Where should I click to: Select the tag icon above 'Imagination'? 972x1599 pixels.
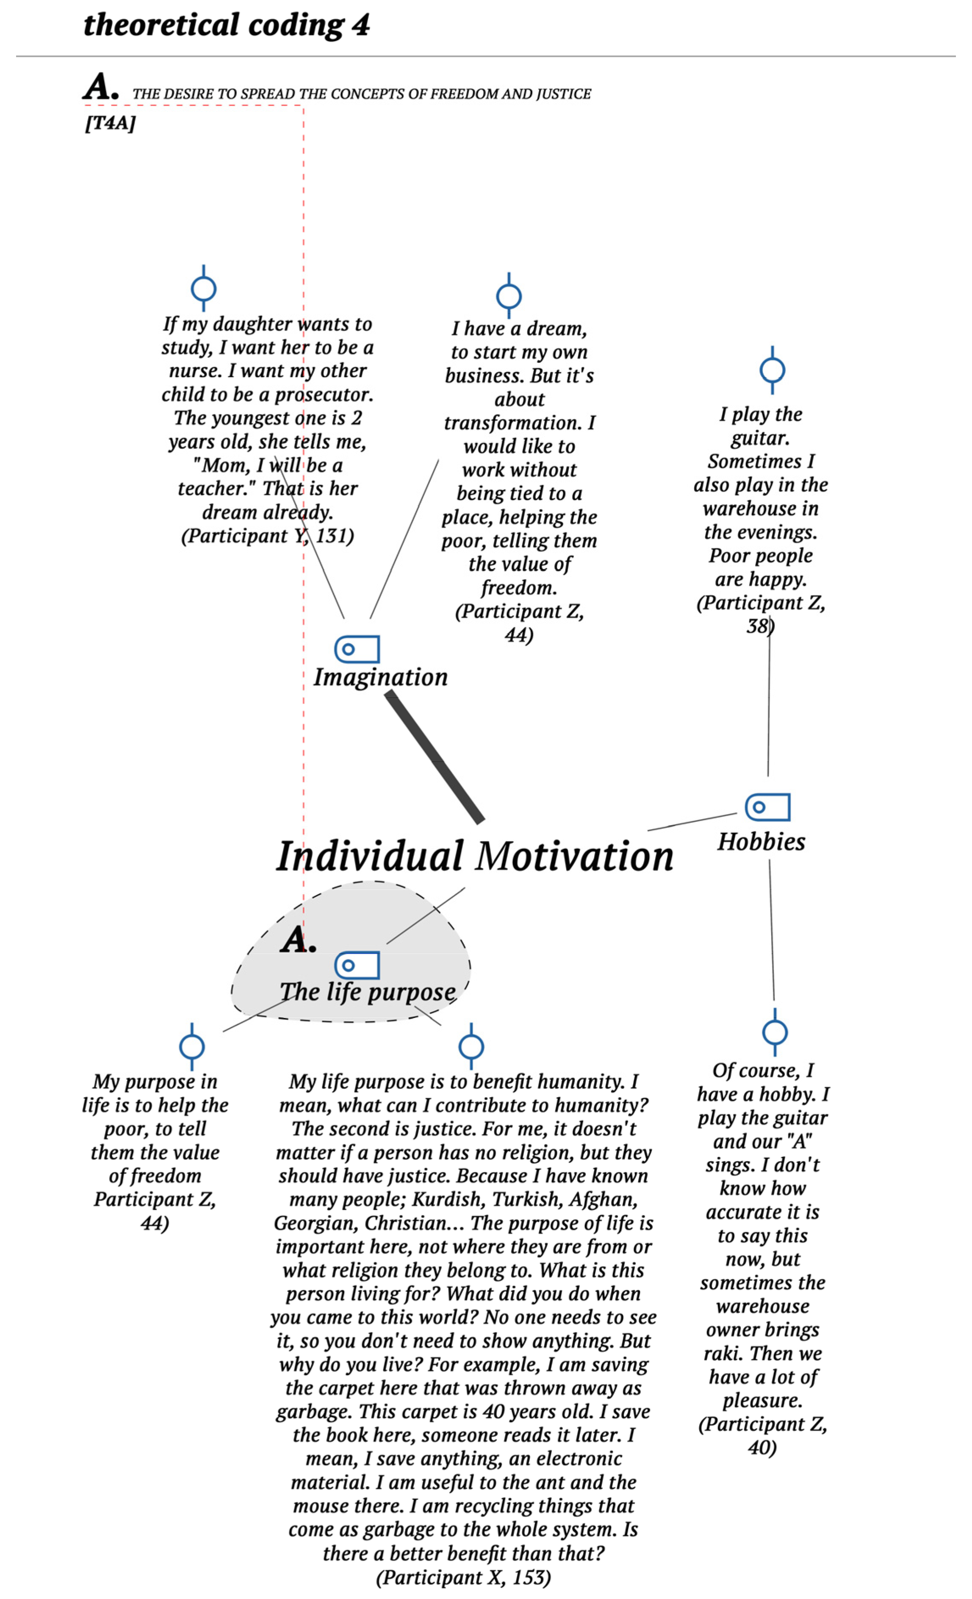[357, 649]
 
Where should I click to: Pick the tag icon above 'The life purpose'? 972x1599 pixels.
[357, 965]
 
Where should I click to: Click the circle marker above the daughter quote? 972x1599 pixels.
[204, 289]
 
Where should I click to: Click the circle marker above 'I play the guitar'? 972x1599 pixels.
[772, 370]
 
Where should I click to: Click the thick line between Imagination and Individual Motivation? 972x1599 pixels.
[435, 757]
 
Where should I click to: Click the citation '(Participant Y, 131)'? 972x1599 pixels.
[267, 536]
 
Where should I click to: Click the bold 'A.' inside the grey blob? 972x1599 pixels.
[298, 939]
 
